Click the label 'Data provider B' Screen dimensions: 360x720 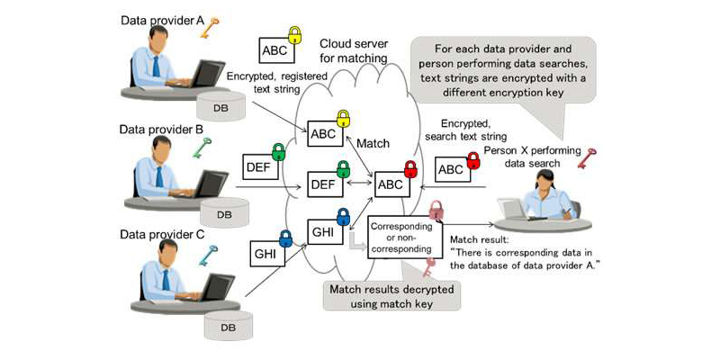[162, 130]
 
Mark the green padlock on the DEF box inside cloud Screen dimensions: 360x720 [343, 168]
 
